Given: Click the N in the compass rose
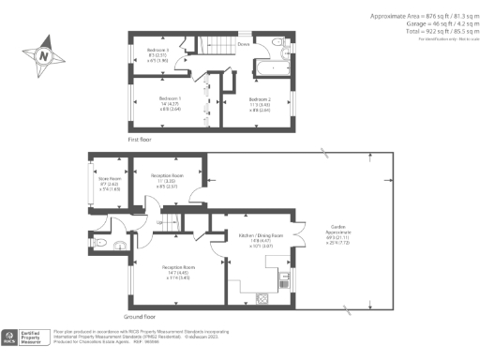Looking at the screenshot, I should (43, 55).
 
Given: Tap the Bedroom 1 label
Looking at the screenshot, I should (169, 98).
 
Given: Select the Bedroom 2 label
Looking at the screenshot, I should (259, 98).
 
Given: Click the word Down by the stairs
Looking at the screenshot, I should (243, 43).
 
